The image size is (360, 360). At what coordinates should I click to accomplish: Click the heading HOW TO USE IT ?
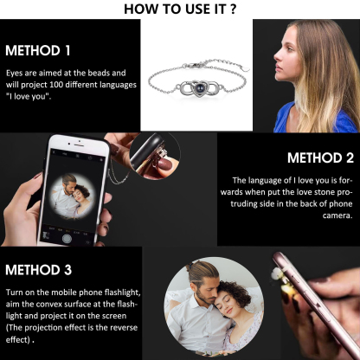pyautogui.click(x=181, y=9)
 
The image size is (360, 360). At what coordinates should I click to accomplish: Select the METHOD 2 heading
pyautogui.click(x=319, y=157)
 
